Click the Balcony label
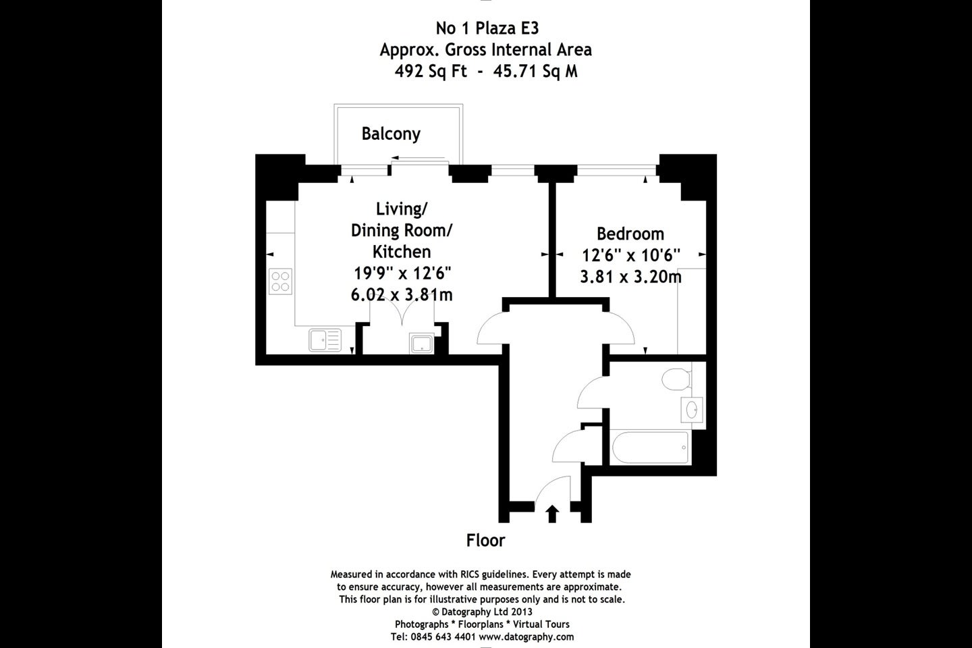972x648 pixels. coord(391,134)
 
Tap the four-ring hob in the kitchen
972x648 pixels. coord(280,281)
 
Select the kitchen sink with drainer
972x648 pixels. coord(325,340)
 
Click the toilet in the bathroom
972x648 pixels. coord(676,379)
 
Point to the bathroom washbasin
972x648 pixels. coord(692,409)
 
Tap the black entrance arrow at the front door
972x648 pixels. coord(552,514)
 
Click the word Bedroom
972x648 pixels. coord(630,234)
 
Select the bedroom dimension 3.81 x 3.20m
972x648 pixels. coord(630,277)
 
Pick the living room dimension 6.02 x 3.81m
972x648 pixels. coord(402,295)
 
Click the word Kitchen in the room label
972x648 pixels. coord(402,252)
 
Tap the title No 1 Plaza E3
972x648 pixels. coord(487,28)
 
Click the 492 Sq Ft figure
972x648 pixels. coord(431,71)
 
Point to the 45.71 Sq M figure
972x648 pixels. coord(535,71)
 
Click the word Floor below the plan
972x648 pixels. coord(485,541)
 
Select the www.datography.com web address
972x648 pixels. coord(526,637)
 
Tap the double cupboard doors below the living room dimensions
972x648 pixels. coord(402,313)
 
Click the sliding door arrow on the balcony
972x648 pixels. coord(418,158)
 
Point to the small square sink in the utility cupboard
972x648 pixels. coord(422,344)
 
